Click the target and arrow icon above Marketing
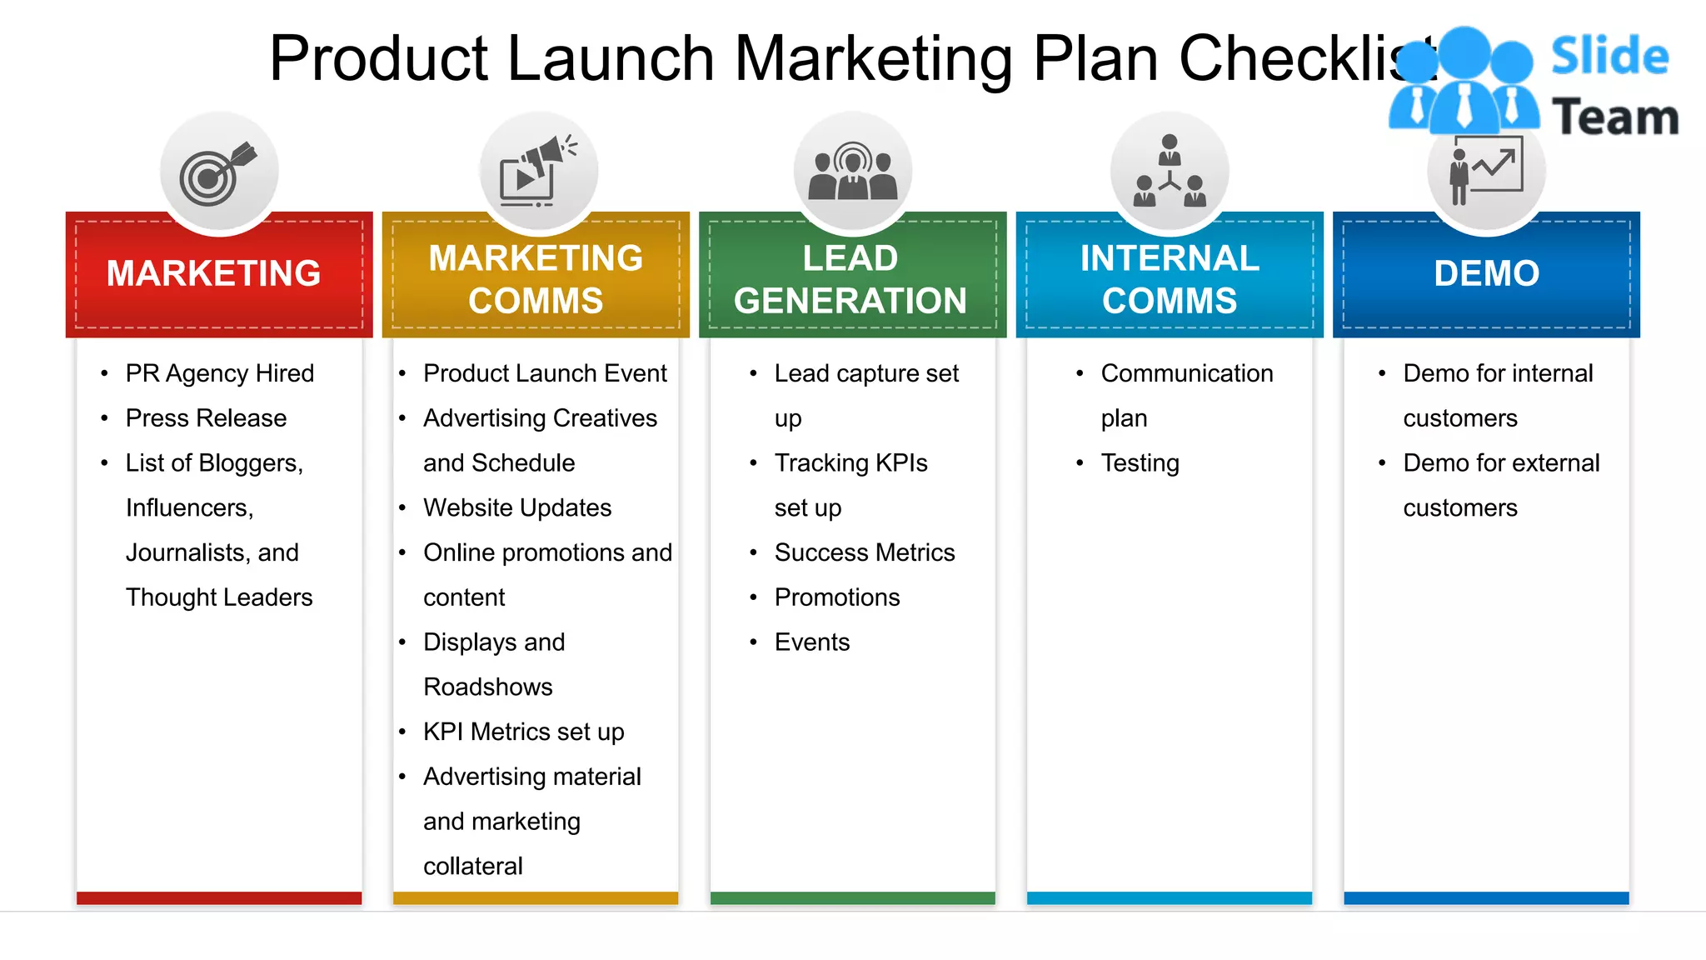[x=218, y=172]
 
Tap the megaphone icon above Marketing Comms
[x=538, y=172]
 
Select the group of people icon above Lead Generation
[x=852, y=172]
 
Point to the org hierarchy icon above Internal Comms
[x=1170, y=172]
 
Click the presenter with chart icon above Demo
[x=1486, y=172]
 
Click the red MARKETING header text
[x=213, y=273]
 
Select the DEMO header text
[x=1486, y=273]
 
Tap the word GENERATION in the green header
[x=850, y=301]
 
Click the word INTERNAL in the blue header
[x=1170, y=258]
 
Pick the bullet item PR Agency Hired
[x=220, y=373]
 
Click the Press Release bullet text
[x=206, y=418]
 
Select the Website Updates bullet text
[x=516, y=507]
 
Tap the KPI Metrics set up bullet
[x=523, y=732]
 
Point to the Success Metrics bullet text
[x=864, y=552]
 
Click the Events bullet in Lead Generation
[x=811, y=642]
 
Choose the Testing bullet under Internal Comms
[x=1140, y=463]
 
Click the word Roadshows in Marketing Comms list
[x=487, y=687]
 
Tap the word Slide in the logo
[x=1609, y=57]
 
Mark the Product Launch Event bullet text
[x=545, y=373]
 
